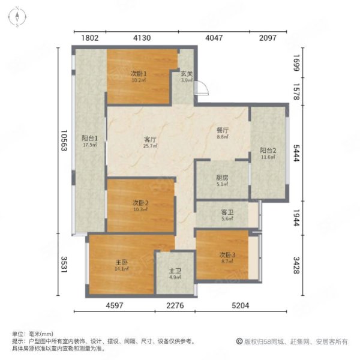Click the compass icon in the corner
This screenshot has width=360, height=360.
17,17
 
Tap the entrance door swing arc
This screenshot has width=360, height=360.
206,86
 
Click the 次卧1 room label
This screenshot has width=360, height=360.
139,74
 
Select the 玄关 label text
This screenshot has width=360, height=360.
187,74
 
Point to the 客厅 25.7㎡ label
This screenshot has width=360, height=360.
151,142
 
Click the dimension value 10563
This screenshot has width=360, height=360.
64,140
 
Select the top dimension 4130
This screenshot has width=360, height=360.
142,38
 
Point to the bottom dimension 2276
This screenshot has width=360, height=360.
175,305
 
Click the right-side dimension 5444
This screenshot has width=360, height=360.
296,153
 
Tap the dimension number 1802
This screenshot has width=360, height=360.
90,38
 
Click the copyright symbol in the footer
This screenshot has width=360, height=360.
239,341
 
